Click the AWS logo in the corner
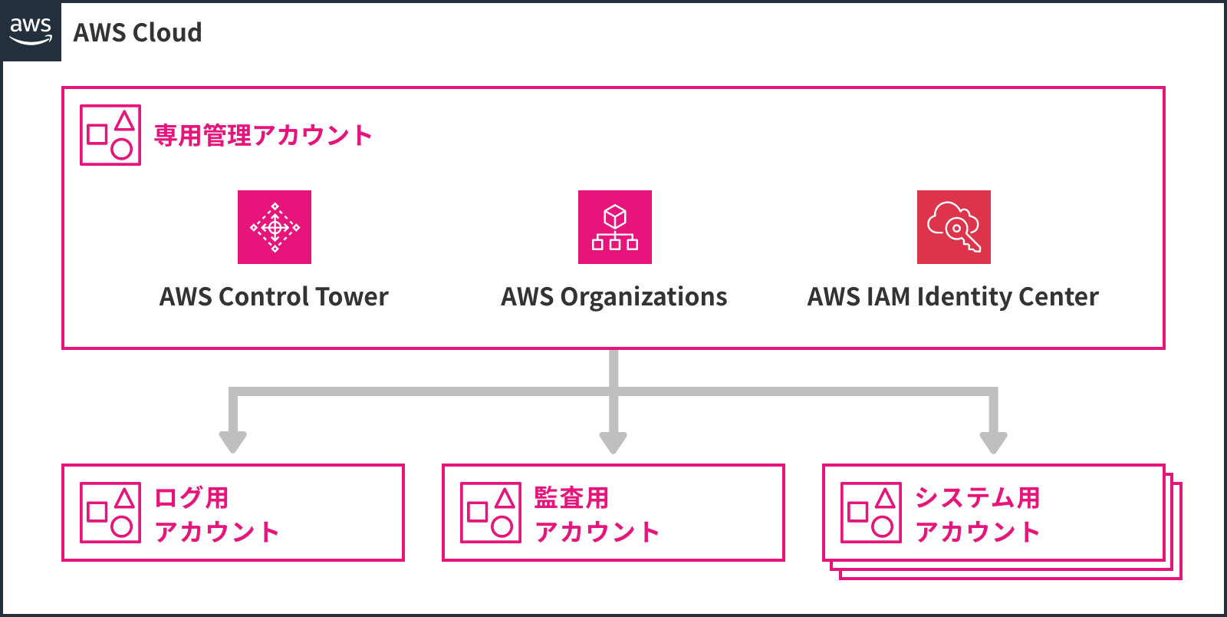tap(31, 31)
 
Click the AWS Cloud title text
tap(137, 32)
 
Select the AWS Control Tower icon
tap(275, 227)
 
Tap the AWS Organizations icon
tap(615, 227)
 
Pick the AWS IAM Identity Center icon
tap(954, 227)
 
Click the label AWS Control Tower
tap(274, 297)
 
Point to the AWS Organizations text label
tap(613, 297)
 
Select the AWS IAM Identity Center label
tap(952, 297)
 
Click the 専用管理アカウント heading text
tap(263, 135)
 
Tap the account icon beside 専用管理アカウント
tap(110, 135)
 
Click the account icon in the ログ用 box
tap(110, 513)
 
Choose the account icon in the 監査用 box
tap(491, 513)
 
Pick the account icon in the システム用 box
tap(871, 513)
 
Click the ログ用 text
tap(192, 497)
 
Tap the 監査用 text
tap(571, 497)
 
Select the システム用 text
tap(977, 497)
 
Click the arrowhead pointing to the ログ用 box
tap(232, 441)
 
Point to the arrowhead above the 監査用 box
tap(613, 441)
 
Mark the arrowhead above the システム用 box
tap(994, 441)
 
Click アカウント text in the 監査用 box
tap(597, 531)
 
